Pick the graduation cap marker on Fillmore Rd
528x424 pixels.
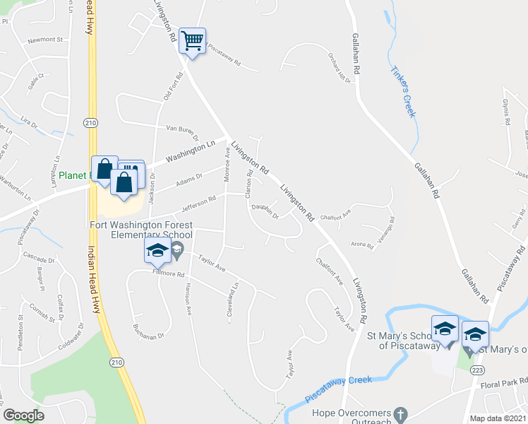[x=157, y=250]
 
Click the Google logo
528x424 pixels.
[x=23, y=415]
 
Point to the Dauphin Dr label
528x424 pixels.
[x=266, y=211]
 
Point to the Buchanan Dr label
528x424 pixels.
[x=148, y=331]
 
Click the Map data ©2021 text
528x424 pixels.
[x=498, y=418]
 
